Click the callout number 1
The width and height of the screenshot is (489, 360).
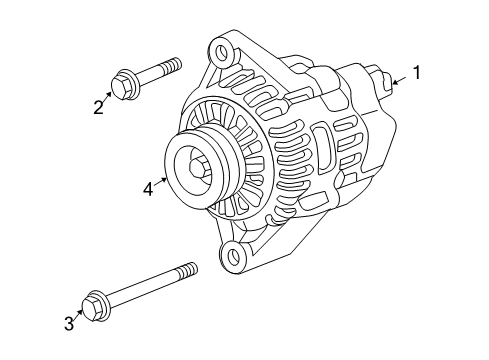tap(418, 72)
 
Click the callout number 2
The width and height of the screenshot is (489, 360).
tap(99, 107)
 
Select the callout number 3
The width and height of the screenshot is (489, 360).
tap(69, 322)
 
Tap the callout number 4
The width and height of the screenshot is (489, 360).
tap(147, 186)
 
